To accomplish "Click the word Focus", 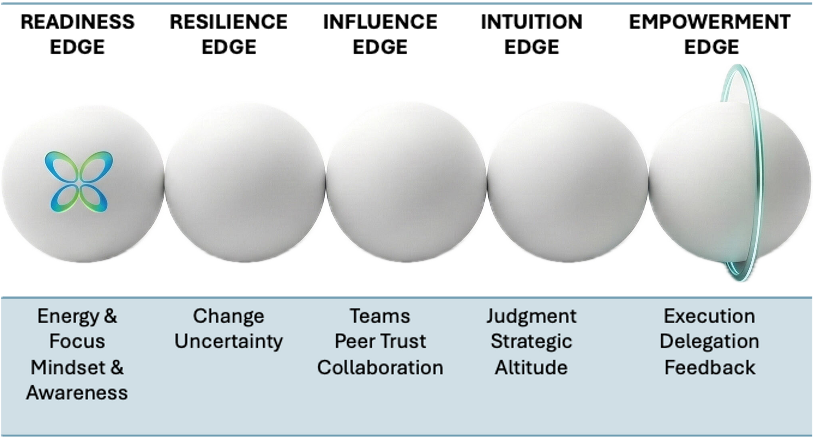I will coord(77,342).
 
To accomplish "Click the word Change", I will coord(228,316).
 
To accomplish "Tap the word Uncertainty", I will coord(228,342).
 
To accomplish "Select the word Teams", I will coord(380,316).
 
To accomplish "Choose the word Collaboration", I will coord(380,368).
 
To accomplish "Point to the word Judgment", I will coord(531,316).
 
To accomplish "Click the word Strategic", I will coord(531,342).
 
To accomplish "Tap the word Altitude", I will coord(531,368).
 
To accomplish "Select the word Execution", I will coord(709,316).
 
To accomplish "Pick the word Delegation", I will coord(709,342).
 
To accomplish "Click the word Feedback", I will coord(709,368).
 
